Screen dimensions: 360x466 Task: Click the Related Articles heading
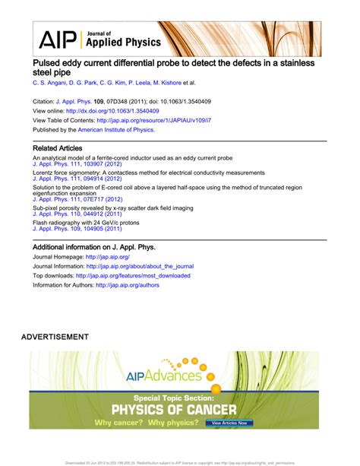(x=58, y=147)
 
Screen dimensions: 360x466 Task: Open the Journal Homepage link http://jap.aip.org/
(x=113, y=257)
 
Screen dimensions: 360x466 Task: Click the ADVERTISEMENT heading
(x=55, y=336)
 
